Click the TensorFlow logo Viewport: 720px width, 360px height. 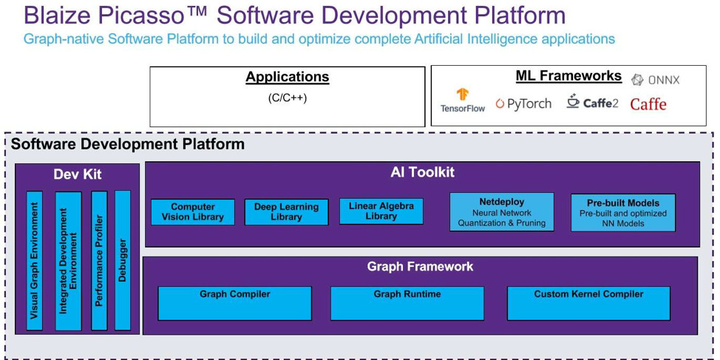[x=463, y=100]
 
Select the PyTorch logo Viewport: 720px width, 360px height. [x=523, y=103]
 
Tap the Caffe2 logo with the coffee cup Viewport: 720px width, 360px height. [x=592, y=101]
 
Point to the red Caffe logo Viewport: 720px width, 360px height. [x=648, y=103]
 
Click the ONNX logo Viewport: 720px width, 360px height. [x=655, y=80]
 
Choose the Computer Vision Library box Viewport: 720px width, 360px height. [x=193, y=211]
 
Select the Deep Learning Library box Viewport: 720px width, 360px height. [x=287, y=211]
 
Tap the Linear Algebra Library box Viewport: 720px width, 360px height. [x=381, y=211]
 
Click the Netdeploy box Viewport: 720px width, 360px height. [x=501, y=211]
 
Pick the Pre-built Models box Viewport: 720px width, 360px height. [x=623, y=212]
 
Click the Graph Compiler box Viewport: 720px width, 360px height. [x=234, y=303]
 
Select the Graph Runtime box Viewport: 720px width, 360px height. [x=407, y=303]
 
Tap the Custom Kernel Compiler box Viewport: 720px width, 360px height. [x=588, y=303]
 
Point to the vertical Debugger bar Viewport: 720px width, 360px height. [x=123, y=260]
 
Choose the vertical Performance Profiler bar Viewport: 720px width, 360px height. [x=99, y=260]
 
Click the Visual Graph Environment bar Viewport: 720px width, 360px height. [x=35, y=260]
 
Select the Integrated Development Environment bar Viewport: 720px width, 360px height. [x=69, y=260]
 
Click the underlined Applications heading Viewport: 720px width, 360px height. [x=288, y=77]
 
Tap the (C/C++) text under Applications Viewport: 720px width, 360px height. [x=288, y=98]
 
